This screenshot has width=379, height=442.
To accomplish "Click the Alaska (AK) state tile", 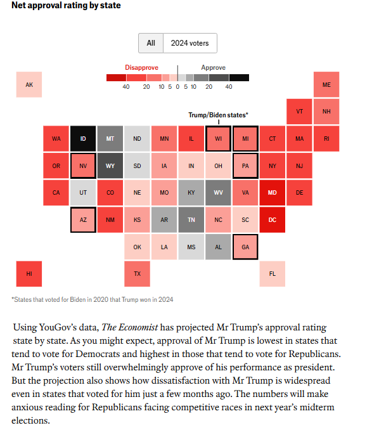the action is pyautogui.click(x=29, y=84).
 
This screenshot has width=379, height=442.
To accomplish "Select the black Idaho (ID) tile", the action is pyautogui.click(x=83, y=139).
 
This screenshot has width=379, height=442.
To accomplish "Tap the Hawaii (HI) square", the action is pyautogui.click(x=29, y=274).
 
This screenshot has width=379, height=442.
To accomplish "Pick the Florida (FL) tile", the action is pyautogui.click(x=272, y=274).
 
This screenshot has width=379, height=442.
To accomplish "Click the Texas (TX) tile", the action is pyautogui.click(x=138, y=274).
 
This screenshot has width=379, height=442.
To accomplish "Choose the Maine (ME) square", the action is pyautogui.click(x=326, y=84).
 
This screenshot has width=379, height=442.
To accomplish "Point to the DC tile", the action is pyautogui.click(x=272, y=220).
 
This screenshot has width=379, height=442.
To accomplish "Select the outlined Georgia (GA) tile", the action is pyautogui.click(x=245, y=247).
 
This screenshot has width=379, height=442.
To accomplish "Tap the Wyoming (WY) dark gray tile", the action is pyautogui.click(x=110, y=166).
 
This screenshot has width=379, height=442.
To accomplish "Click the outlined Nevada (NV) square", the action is pyautogui.click(x=83, y=166).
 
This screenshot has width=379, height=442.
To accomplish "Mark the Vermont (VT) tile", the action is pyautogui.click(x=299, y=112).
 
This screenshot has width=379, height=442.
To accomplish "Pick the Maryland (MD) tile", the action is pyautogui.click(x=272, y=193).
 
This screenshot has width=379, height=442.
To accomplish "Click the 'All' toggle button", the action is pyautogui.click(x=151, y=43).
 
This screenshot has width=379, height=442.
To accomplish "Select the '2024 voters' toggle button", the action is pyautogui.click(x=190, y=43).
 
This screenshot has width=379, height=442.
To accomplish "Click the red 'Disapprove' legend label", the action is pyautogui.click(x=141, y=68).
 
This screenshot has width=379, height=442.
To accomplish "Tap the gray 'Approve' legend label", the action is pyautogui.click(x=214, y=68).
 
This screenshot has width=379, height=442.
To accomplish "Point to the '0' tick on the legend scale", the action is pyautogui.click(x=177, y=87).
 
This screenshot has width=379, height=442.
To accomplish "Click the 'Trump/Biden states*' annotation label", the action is pyautogui.click(x=219, y=115).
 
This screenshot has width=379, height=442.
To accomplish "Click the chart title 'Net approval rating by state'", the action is pyautogui.click(x=66, y=5).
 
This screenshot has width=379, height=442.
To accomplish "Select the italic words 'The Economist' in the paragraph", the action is pyautogui.click(x=130, y=327).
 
